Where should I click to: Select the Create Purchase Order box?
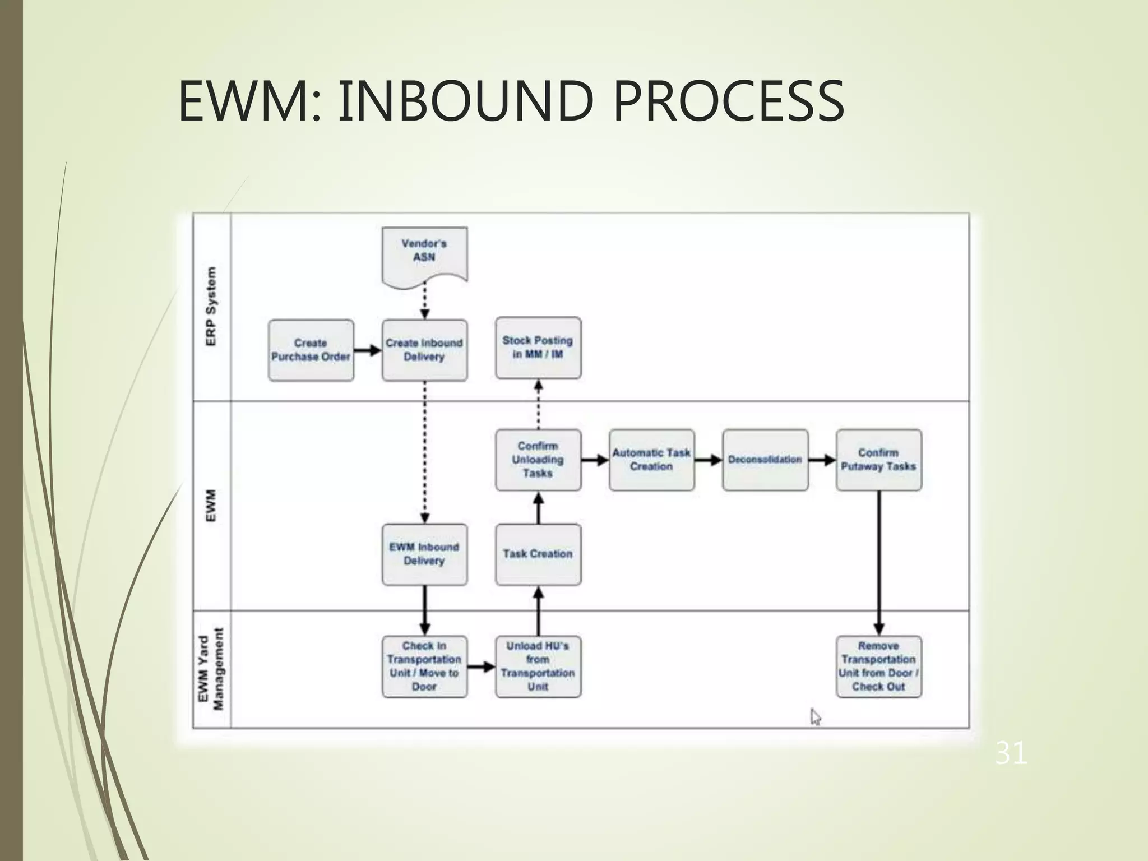click(x=311, y=350)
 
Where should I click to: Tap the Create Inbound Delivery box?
click(x=424, y=350)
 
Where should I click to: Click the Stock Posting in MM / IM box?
click(x=538, y=348)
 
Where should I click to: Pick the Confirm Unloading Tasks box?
click(x=538, y=460)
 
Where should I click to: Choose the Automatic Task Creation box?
click(x=651, y=460)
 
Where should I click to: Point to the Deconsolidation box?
click(x=765, y=460)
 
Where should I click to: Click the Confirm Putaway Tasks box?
click(x=878, y=460)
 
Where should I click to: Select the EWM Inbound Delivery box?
click(x=424, y=554)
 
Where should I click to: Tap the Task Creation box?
click(x=538, y=554)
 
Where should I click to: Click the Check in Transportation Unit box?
click(x=424, y=666)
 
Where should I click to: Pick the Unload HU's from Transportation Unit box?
click(x=538, y=666)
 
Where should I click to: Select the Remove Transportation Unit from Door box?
click(x=878, y=666)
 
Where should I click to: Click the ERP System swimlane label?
click(x=211, y=307)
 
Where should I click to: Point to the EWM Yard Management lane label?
click(x=211, y=669)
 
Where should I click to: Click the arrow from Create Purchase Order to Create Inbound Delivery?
click(x=368, y=350)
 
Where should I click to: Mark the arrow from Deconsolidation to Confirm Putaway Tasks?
click(x=822, y=460)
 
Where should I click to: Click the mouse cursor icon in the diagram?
click(x=816, y=717)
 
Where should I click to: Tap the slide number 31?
click(x=1011, y=753)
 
